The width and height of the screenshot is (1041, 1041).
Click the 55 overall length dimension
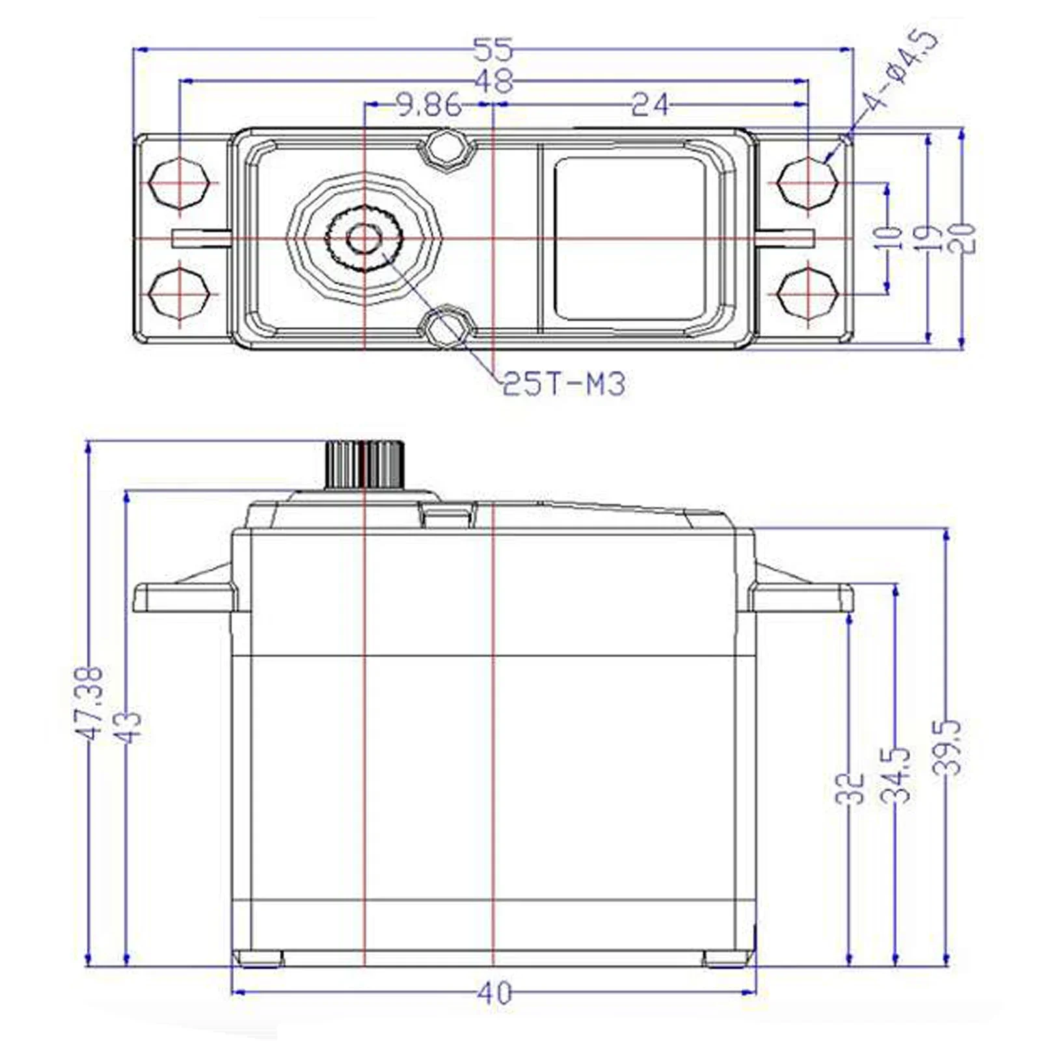point(493,49)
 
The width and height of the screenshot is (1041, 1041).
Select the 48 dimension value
point(494,81)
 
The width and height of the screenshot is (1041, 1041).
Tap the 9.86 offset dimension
point(429,105)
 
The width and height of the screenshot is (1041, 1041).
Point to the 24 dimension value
point(649,105)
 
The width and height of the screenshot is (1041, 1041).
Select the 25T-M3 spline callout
point(563,385)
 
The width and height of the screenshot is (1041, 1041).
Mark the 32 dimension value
point(850,788)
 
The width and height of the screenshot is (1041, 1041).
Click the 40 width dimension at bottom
point(494,993)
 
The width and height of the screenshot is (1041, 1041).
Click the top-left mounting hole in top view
point(179,183)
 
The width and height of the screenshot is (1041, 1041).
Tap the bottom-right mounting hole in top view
point(807,293)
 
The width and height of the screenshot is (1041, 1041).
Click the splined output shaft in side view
point(364,465)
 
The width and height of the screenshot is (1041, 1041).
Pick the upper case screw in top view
point(446,150)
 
